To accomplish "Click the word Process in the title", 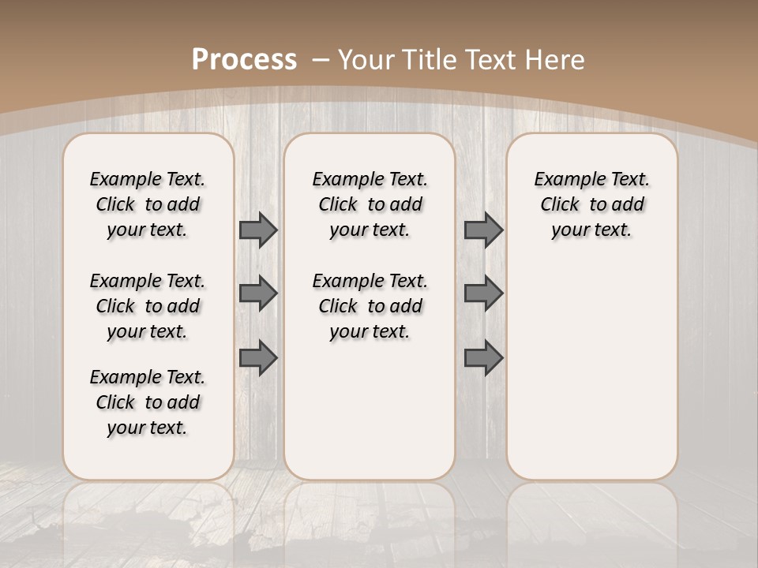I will (x=244, y=59).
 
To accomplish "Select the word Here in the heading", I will (x=556, y=59).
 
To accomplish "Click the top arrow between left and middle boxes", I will (x=258, y=230).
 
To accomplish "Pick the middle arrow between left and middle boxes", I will (x=258, y=293).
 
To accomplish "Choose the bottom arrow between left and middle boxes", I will (x=258, y=357).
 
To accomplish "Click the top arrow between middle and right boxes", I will (x=483, y=230).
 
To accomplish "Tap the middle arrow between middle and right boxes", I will (x=483, y=293).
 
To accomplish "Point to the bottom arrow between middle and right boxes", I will (x=483, y=357).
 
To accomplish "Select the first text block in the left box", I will (x=148, y=204).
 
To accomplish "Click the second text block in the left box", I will (x=148, y=306).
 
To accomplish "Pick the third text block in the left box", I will (x=148, y=402).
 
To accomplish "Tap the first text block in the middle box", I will (x=370, y=204).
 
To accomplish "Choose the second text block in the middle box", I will (x=370, y=306).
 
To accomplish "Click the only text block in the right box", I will (x=591, y=204).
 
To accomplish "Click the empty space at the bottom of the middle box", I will (x=370, y=418).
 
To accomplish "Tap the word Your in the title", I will (x=365, y=59).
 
